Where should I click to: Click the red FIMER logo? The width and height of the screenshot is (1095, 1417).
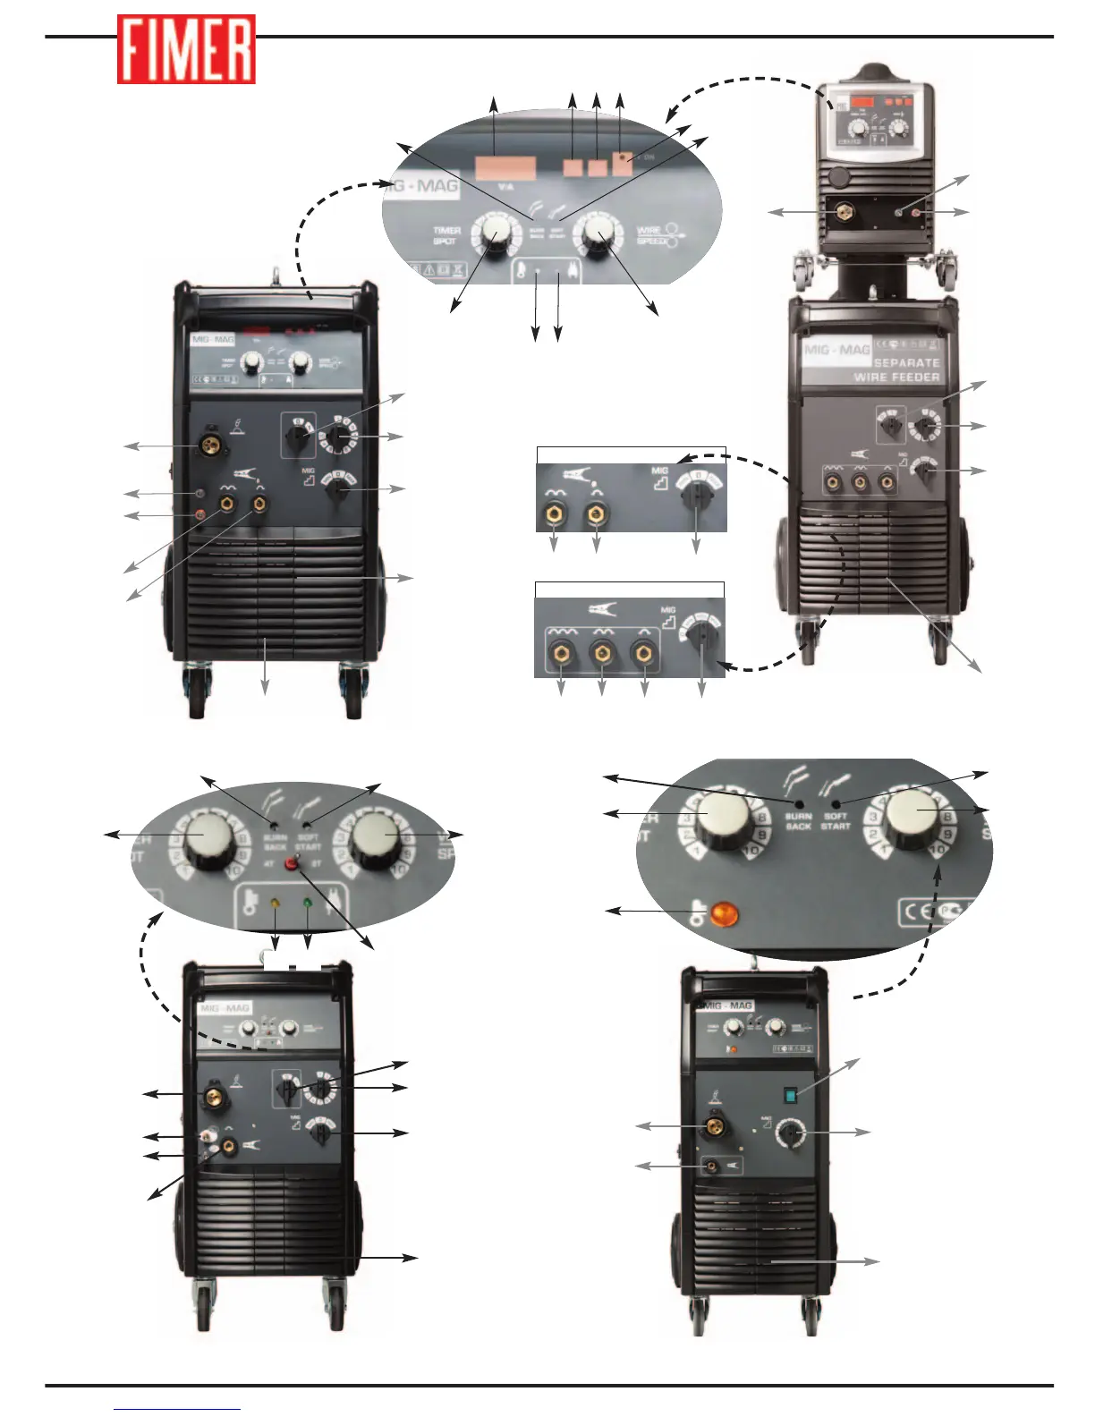click(x=186, y=50)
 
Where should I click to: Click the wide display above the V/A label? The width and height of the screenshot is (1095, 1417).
click(x=505, y=168)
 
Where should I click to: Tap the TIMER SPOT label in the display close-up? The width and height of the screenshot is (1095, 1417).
click(x=446, y=235)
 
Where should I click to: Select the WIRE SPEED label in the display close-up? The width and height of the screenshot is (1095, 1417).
click(x=651, y=235)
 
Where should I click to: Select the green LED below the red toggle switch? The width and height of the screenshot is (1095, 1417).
click(x=308, y=903)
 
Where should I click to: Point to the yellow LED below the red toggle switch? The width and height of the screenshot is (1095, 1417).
click(x=275, y=903)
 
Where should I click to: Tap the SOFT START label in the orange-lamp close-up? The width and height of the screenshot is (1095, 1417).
click(x=836, y=820)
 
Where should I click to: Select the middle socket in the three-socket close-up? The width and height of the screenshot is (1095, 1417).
click(x=601, y=652)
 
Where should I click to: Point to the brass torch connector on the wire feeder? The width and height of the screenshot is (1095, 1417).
click(x=842, y=213)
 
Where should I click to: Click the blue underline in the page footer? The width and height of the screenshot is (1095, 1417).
click(x=177, y=1409)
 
